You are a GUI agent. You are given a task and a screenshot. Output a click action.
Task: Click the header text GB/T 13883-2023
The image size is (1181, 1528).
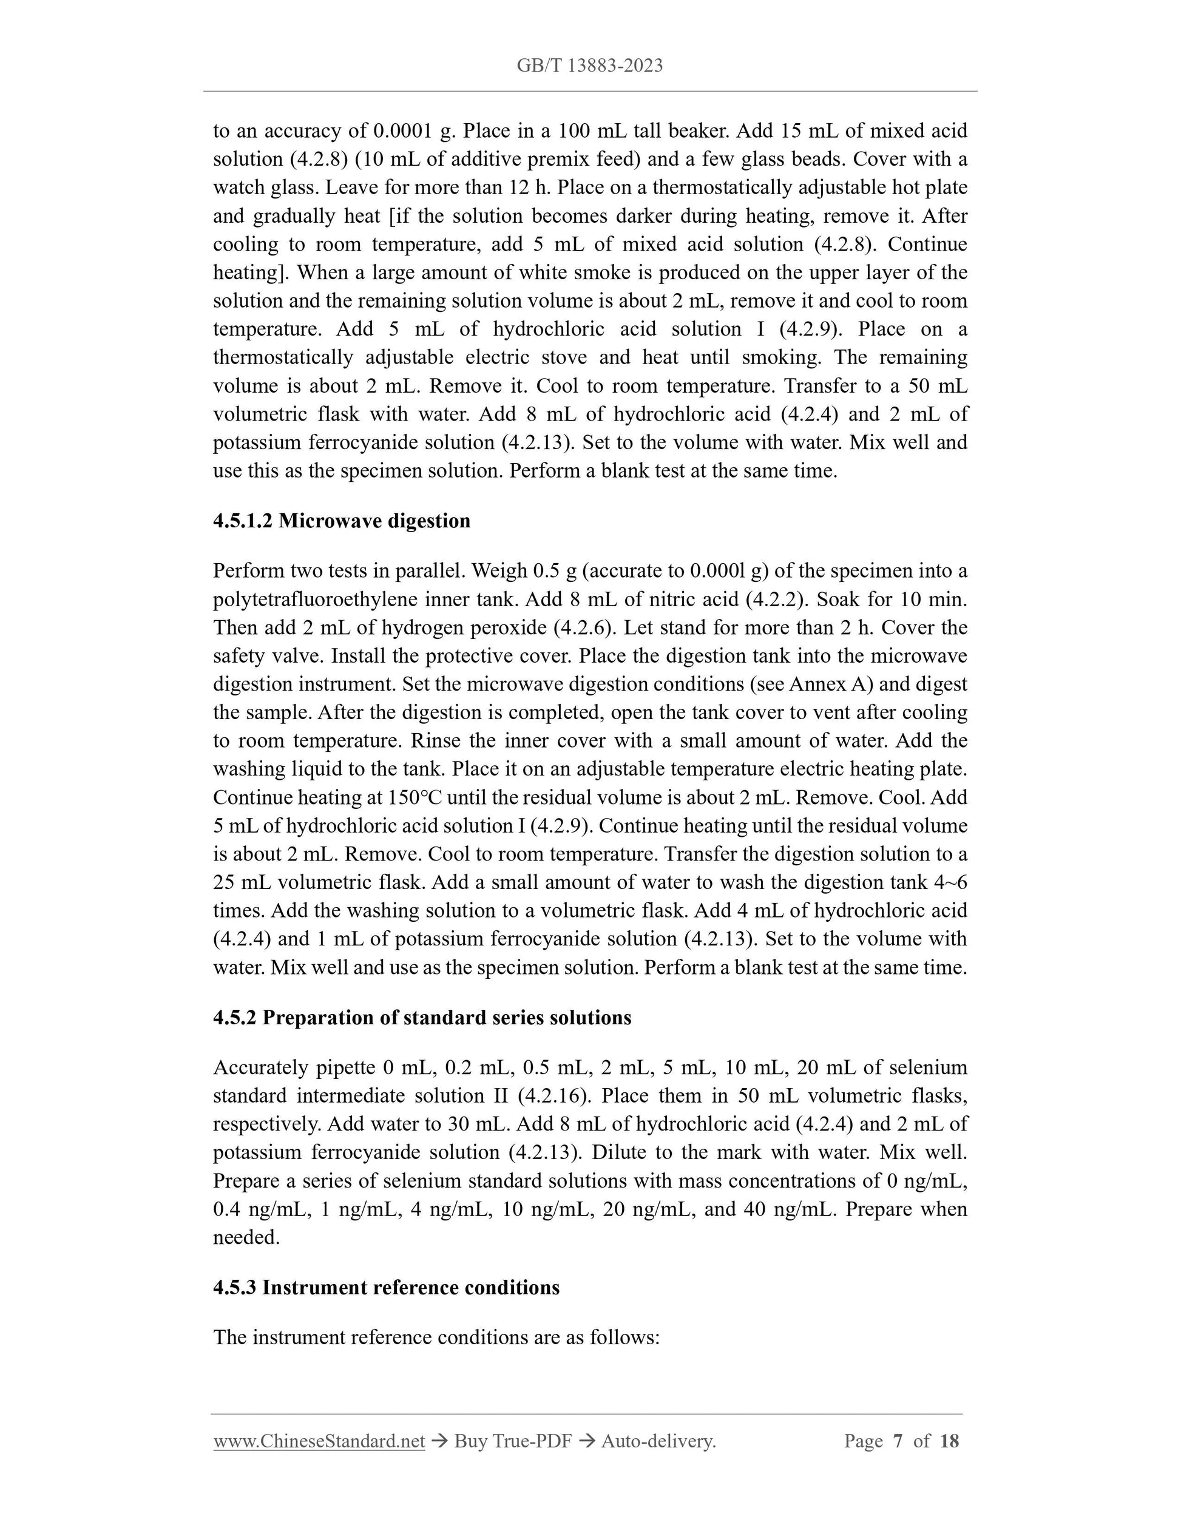590,66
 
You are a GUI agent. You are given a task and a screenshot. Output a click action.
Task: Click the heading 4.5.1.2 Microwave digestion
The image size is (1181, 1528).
342,521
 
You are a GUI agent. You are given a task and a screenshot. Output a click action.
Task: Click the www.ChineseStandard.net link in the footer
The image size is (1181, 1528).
319,1441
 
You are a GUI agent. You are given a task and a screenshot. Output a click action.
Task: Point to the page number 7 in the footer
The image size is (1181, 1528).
898,1441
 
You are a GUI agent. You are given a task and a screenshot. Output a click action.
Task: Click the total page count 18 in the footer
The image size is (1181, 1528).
949,1441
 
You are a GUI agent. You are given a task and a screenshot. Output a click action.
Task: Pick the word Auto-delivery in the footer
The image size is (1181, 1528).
658,1441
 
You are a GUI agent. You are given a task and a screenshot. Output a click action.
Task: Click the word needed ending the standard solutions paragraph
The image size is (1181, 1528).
246,1238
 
